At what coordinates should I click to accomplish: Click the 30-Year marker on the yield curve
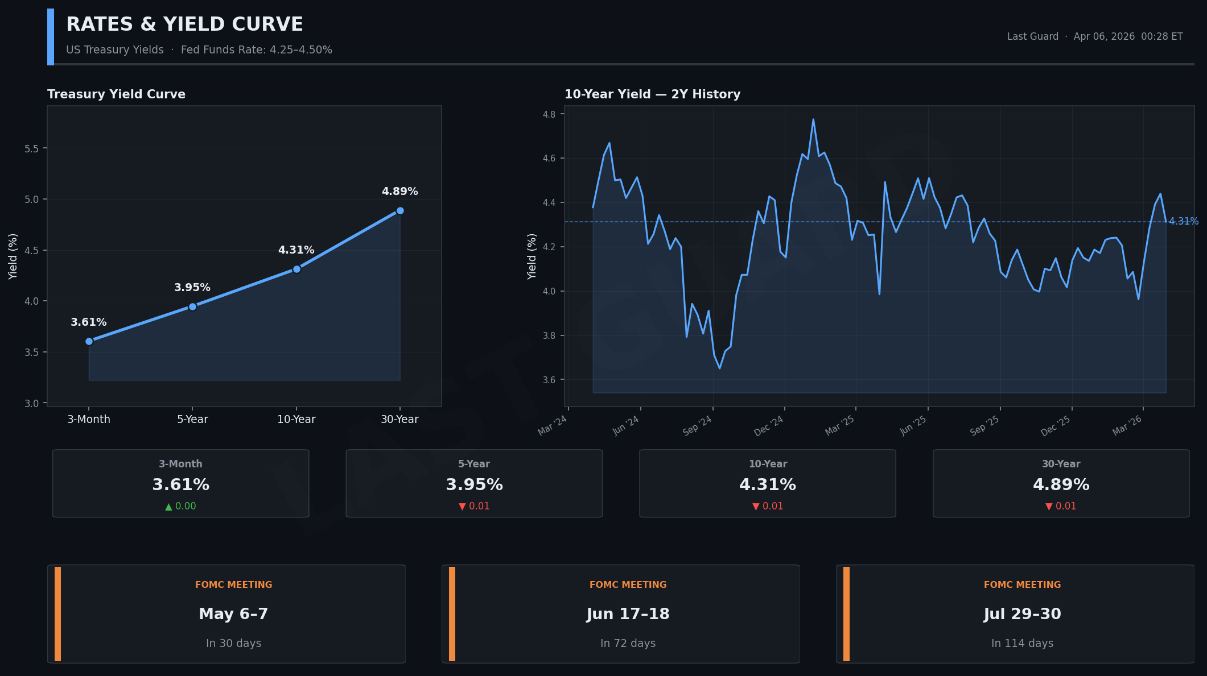[x=400, y=211]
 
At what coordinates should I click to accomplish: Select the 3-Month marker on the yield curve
[x=89, y=341]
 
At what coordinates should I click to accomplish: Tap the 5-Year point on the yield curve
[x=192, y=307]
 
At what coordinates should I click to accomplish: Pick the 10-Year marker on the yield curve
[x=296, y=269]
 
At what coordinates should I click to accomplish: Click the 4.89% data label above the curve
[x=399, y=192]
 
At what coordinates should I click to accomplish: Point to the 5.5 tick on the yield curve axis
[x=32, y=149]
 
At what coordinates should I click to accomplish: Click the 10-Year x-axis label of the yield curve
[x=296, y=420]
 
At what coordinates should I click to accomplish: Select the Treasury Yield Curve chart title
[x=116, y=94]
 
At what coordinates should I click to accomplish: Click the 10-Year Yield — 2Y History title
[x=652, y=94]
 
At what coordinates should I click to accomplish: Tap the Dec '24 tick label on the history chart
[x=769, y=426]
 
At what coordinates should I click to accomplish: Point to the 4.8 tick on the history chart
[x=549, y=114]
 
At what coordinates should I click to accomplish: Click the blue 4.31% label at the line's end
[x=1184, y=221]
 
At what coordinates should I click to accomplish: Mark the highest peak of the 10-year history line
[x=813, y=119]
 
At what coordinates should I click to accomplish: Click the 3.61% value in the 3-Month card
[x=180, y=485]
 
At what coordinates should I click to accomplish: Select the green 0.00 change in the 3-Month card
[x=180, y=507]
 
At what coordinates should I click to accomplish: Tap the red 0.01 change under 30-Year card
[x=1061, y=507]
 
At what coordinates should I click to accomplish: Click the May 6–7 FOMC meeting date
[x=233, y=614]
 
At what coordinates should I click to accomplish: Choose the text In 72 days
[x=628, y=644]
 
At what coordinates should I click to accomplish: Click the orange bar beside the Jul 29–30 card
[x=846, y=614]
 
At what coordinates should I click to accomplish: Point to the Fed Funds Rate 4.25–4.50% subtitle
[x=256, y=50]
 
